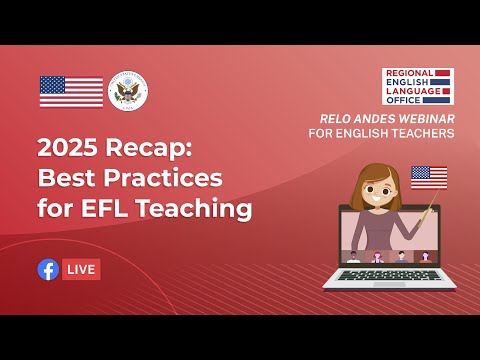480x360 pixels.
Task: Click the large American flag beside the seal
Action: click(71, 91)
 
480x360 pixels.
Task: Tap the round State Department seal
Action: click(127, 91)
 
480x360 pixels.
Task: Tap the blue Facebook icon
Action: click(47, 269)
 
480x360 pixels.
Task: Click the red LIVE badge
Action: click(81, 269)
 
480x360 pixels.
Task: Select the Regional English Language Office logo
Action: click(417, 86)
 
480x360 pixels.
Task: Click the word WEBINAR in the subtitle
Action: click(426, 118)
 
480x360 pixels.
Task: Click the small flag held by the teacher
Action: click(428, 176)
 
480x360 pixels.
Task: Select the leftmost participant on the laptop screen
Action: click(353, 256)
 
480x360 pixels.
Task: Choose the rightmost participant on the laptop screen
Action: click(425, 256)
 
